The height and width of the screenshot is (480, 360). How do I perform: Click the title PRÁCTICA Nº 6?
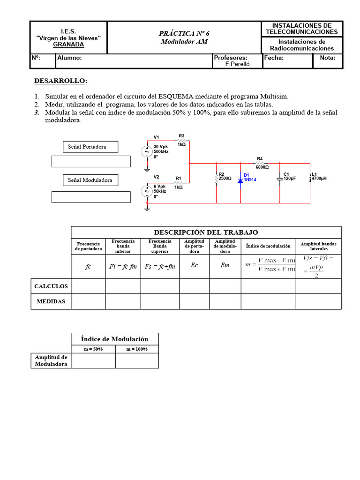pos(184,33)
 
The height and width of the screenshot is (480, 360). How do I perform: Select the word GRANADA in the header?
pos(68,45)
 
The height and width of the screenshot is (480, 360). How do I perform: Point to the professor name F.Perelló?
pos(238,65)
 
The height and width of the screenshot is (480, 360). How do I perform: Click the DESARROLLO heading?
pos(60,81)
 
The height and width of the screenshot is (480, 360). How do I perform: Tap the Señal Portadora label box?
pos(90,147)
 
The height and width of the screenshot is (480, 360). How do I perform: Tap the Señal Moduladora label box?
pos(90,180)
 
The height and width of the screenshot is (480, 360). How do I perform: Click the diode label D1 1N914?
pos(249,177)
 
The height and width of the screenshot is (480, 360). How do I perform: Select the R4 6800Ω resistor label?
pos(262,163)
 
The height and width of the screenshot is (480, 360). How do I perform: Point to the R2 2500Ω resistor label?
pos(225,177)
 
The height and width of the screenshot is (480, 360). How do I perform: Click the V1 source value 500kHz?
pos(160,152)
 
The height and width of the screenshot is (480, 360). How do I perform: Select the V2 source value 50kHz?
pos(159,191)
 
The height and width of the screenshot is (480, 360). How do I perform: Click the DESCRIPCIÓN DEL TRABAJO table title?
pos(206,232)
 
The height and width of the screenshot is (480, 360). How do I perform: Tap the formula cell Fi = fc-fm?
pos(123,266)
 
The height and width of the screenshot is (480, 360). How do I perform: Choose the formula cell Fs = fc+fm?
pos(160,266)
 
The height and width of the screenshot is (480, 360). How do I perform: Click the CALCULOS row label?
pos(51,286)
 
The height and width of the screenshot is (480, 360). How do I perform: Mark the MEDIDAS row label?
pos(51,301)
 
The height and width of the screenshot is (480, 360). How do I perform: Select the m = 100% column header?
pos(137,349)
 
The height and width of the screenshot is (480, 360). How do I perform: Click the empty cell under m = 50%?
pos(93,360)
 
